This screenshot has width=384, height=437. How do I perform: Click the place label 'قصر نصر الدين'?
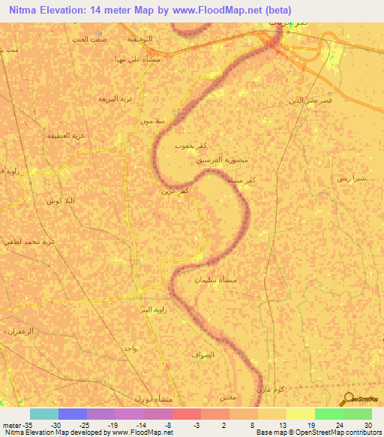(x=310, y=100)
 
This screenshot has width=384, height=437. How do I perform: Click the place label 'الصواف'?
(x=202, y=354)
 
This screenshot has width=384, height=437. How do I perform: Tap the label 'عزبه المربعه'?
(x=115, y=98)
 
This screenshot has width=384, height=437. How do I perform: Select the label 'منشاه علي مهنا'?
(x=134, y=59)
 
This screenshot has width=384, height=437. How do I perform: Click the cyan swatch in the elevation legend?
(x=44, y=414)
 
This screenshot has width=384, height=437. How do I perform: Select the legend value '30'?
(x=367, y=424)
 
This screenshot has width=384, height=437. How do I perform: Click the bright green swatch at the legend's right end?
(x=358, y=414)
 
